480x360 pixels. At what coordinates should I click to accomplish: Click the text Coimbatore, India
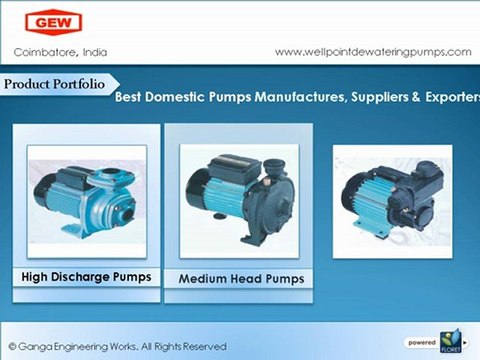point(60,51)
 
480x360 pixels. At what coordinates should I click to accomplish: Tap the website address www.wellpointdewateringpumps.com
point(372,51)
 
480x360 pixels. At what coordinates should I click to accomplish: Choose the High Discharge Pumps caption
point(87,276)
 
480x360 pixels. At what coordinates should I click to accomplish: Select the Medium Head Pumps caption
point(241,278)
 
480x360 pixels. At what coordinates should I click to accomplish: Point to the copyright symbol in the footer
point(12,344)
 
